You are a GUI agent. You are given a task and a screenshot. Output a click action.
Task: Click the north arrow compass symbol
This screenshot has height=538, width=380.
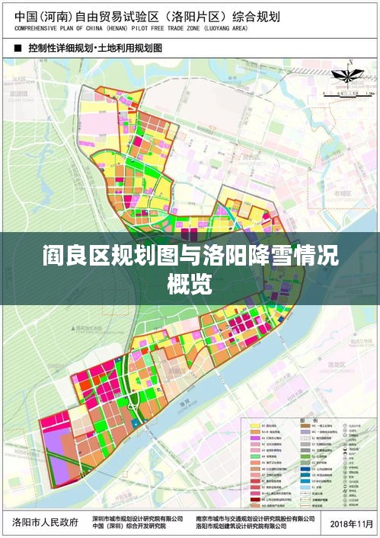pyautogui.click(x=340, y=76)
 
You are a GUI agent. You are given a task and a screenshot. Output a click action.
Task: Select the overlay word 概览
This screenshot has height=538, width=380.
pyautogui.click(x=190, y=285)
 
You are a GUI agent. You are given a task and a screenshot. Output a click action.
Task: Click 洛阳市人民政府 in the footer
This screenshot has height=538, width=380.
pyautogui.click(x=46, y=522)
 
